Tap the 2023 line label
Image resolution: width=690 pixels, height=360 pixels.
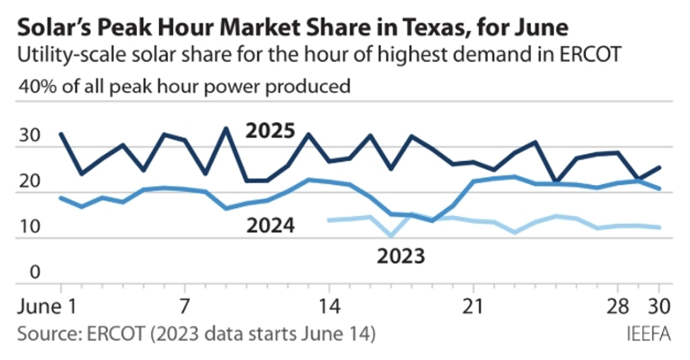[x=400, y=255]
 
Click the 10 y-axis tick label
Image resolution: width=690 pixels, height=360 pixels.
[x=30, y=227]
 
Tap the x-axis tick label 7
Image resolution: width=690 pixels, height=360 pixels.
[x=184, y=308]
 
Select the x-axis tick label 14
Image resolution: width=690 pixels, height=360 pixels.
[x=328, y=308]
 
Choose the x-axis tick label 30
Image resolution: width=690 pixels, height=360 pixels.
[x=659, y=308]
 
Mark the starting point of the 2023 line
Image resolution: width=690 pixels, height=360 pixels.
[x=329, y=220]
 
